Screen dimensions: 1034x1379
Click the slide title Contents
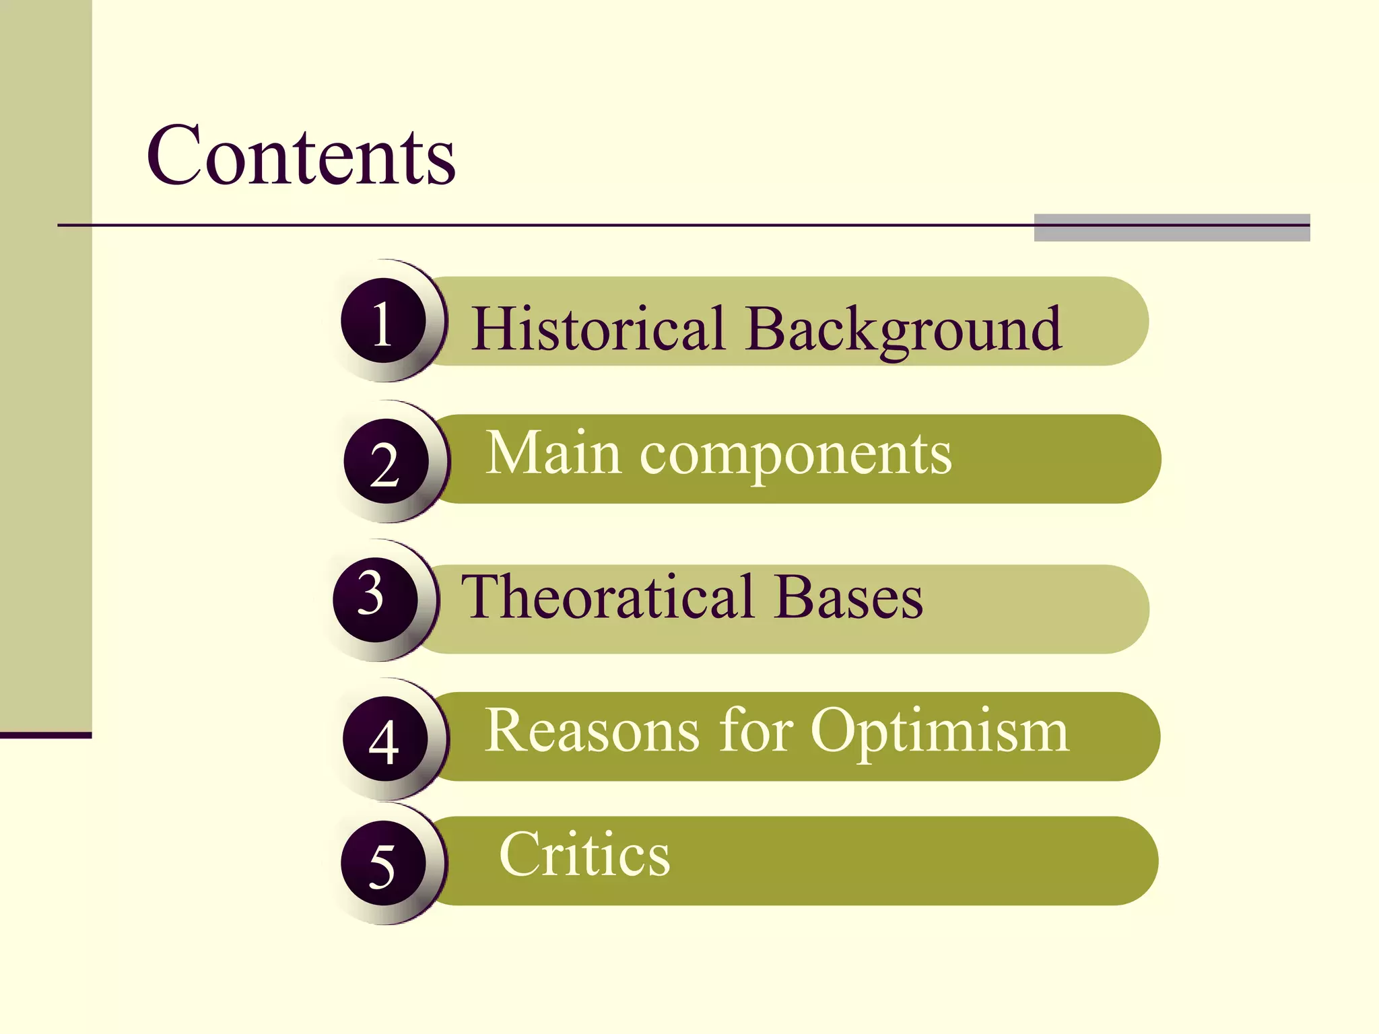point(301,156)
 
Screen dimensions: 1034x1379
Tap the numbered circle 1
point(383,321)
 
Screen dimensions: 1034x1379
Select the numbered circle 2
point(386,462)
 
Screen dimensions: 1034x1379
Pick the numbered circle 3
point(375,600)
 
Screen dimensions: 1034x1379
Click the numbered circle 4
point(385,739)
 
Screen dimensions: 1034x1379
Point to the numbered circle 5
point(383,864)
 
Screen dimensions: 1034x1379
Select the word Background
point(904,330)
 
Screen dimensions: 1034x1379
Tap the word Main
point(553,454)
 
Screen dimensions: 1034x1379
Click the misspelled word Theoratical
point(607,597)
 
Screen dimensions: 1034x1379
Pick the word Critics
point(584,854)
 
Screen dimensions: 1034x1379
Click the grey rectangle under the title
point(1172,228)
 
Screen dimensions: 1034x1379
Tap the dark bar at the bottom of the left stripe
point(46,735)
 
